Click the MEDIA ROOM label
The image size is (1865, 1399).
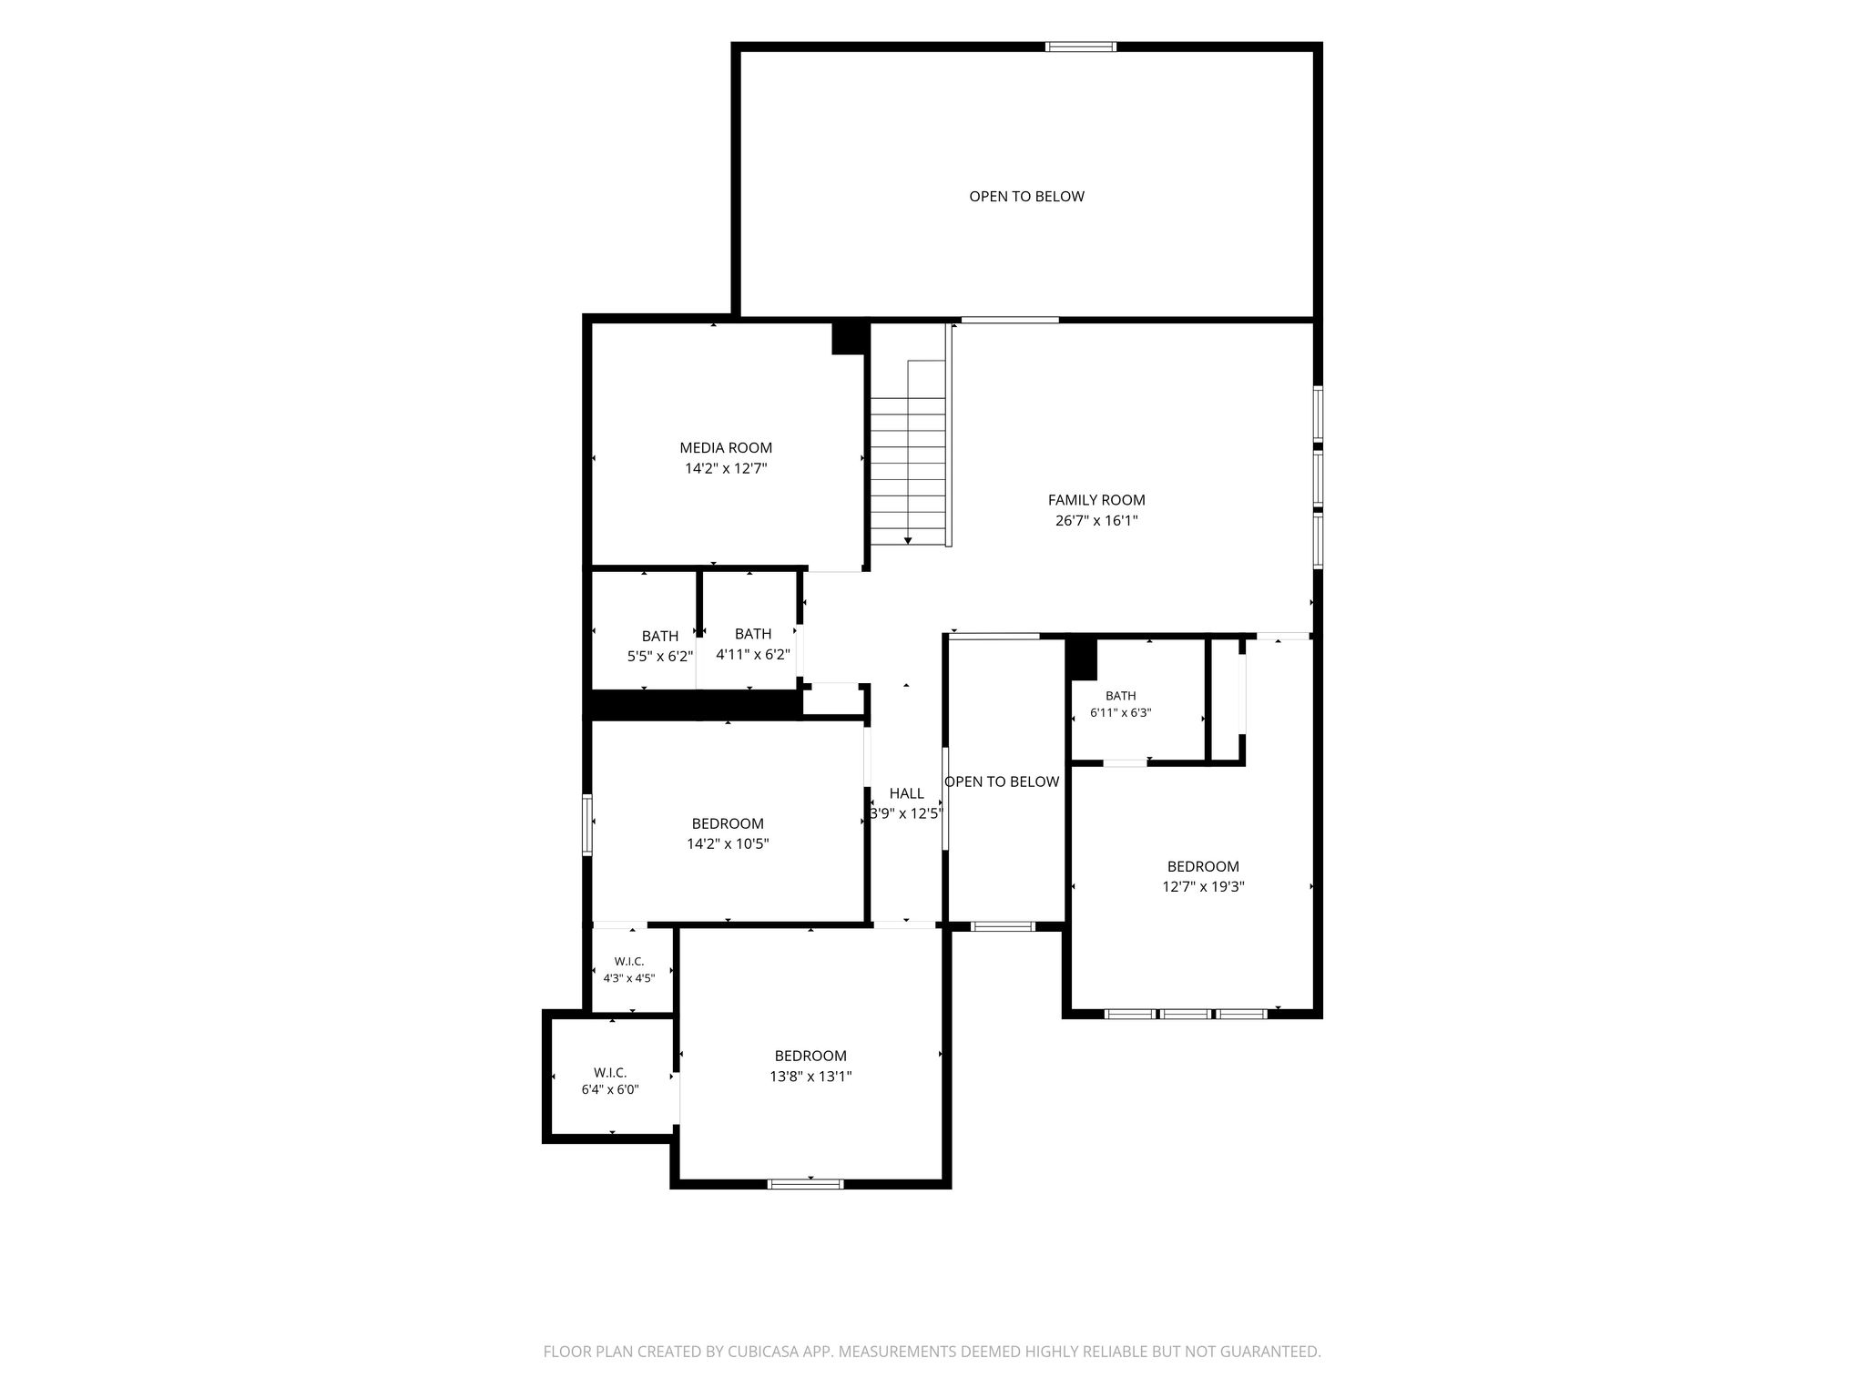(726, 448)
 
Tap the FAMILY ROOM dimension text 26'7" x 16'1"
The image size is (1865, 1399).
(1096, 521)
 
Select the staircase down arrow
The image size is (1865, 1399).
(908, 541)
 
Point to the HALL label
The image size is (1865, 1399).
(906, 793)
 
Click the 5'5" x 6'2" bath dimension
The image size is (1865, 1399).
(660, 656)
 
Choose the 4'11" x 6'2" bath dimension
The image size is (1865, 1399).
(753, 654)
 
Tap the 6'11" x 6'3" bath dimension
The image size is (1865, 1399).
(1121, 713)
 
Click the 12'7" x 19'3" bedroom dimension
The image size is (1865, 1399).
(1203, 886)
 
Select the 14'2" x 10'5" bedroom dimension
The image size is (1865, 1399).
(728, 844)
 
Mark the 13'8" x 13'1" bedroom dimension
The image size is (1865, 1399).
(810, 1077)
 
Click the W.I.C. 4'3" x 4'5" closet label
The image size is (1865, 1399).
(629, 970)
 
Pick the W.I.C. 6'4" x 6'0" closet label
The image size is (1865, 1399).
(610, 1081)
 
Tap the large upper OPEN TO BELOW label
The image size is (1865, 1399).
(1026, 197)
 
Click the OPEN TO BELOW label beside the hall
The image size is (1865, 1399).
(1002, 781)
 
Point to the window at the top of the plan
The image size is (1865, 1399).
(1081, 46)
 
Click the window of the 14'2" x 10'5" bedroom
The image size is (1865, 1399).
(587, 824)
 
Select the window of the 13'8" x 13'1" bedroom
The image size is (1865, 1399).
(806, 1184)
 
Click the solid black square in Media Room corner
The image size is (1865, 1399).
(848, 338)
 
